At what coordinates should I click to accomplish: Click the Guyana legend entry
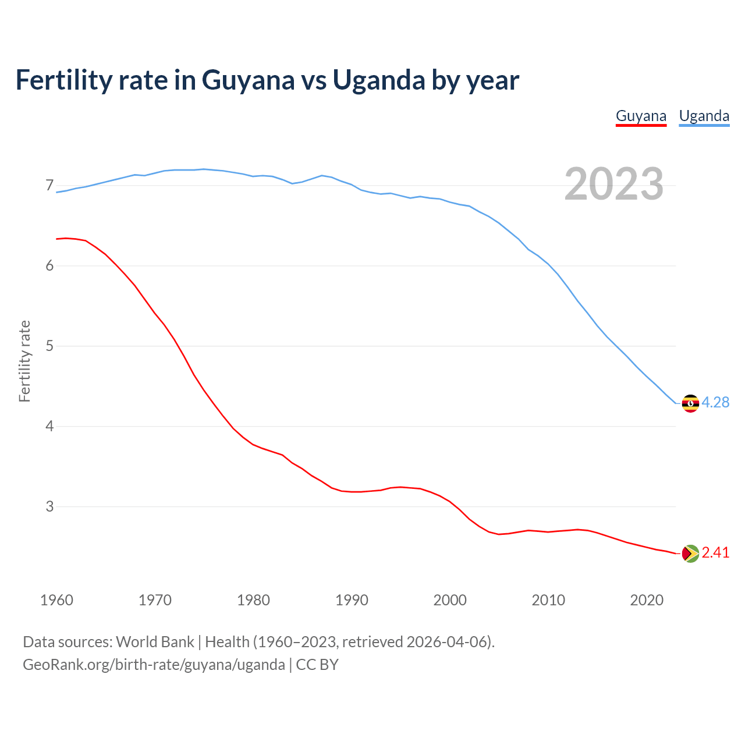[x=641, y=116]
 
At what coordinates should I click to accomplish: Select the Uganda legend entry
[x=704, y=116]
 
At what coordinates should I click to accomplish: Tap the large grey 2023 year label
[x=614, y=184]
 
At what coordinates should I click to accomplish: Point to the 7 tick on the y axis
[x=49, y=186]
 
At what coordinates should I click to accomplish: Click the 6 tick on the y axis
[x=49, y=266]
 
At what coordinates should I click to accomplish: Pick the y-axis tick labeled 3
[x=49, y=506]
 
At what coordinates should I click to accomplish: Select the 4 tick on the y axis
[x=49, y=426]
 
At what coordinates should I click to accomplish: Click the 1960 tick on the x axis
[x=56, y=600]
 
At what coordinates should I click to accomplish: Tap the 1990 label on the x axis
[x=352, y=600]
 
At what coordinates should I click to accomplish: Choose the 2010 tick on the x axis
[x=548, y=600]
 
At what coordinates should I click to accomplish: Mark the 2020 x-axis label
[x=647, y=600]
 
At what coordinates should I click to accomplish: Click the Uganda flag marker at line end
[x=690, y=403]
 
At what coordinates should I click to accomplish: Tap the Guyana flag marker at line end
[x=690, y=554]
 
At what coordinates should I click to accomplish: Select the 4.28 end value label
[x=715, y=403]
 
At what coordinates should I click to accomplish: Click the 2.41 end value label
[x=715, y=553]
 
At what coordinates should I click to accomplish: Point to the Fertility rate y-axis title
[x=24, y=361]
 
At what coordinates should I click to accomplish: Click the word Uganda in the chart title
[x=378, y=80]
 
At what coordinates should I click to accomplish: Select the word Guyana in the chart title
[x=249, y=80]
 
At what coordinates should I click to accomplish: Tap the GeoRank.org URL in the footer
[x=154, y=665]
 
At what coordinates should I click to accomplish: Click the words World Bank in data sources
[x=155, y=642]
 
